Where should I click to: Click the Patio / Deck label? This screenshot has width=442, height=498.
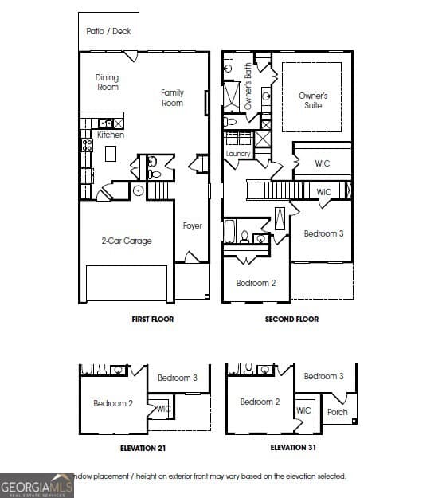point(109,31)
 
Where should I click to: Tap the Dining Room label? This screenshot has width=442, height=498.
point(108,82)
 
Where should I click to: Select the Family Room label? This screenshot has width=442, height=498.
point(172,97)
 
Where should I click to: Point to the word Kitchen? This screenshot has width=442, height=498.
point(111,135)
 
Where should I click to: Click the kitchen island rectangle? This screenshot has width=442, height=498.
point(111,153)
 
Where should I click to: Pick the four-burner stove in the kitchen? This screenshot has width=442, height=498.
point(86,145)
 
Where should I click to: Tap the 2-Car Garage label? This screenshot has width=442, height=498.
point(126,241)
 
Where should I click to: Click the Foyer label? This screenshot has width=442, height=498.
point(192,225)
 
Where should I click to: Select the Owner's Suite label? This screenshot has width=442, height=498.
point(313,100)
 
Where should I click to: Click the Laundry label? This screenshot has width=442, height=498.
point(238,153)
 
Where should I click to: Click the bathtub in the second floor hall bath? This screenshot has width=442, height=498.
point(229,232)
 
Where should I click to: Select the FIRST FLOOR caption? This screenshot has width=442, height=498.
point(152,319)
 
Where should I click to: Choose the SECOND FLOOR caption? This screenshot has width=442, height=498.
point(291,319)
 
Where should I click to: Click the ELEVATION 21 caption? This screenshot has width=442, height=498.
point(143,449)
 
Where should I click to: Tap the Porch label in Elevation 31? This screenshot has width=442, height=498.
point(338,412)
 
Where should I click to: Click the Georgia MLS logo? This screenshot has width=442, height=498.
point(37,485)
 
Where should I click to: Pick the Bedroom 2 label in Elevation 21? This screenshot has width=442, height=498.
point(113,403)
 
